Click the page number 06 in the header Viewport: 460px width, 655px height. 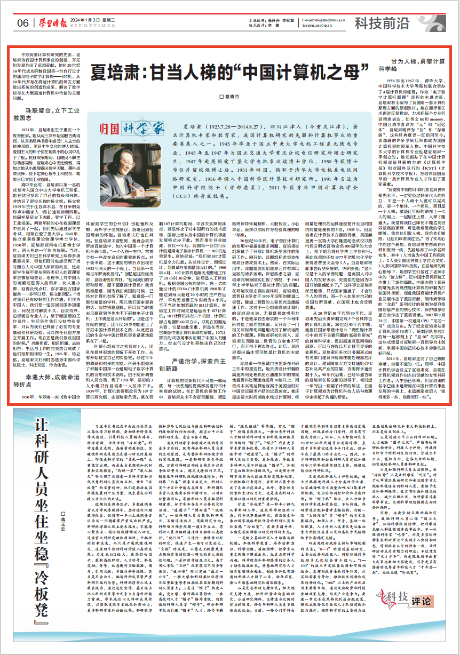click(22, 23)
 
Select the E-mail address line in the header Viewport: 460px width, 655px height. click(323, 20)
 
